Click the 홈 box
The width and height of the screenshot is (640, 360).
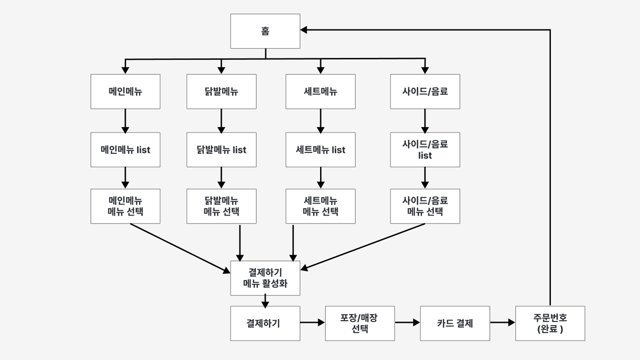pyautogui.click(x=265, y=31)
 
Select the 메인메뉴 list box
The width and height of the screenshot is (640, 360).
pyautogui.click(x=125, y=150)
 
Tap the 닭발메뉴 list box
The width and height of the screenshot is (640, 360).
pyautogui.click(x=221, y=150)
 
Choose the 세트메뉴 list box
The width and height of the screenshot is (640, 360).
pyautogui.click(x=320, y=150)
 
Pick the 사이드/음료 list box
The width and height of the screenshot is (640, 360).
pyautogui.click(x=425, y=150)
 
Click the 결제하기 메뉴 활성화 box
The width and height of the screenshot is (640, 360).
pyautogui.click(x=265, y=278)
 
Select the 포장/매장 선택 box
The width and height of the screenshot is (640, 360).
pyautogui.click(x=360, y=323)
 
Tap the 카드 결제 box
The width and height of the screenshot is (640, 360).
pyautogui.click(x=455, y=323)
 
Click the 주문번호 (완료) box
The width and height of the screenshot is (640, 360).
pyautogui.click(x=550, y=323)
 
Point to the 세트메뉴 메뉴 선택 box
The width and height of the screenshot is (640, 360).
pyautogui.click(x=320, y=206)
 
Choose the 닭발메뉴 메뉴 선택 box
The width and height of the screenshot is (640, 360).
pyautogui.click(x=221, y=206)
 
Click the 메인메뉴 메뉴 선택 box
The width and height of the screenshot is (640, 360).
pyautogui.click(x=125, y=206)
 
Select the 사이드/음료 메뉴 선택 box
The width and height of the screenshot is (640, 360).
pyautogui.click(x=425, y=206)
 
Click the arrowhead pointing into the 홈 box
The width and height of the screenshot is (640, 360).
pyautogui.click(x=304, y=30)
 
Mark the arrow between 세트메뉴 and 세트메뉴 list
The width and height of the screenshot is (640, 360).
pyautogui.click(x=321, y=121)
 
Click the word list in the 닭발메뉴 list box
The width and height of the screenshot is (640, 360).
pyautogui.click(x=239, y=150)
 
